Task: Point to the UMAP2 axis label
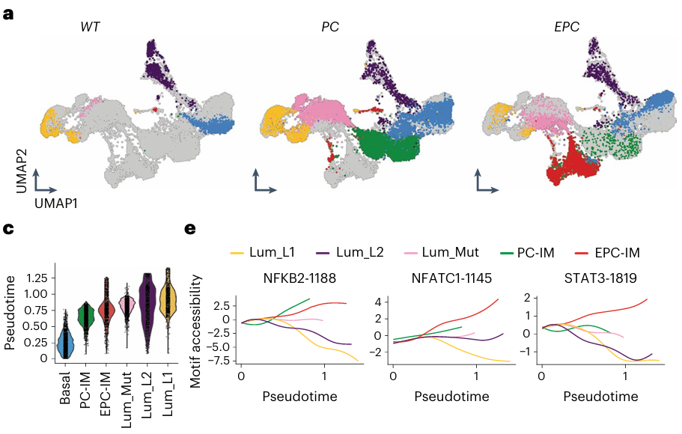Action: tap(22, 156)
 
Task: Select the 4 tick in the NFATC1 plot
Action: tap(379, 302)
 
